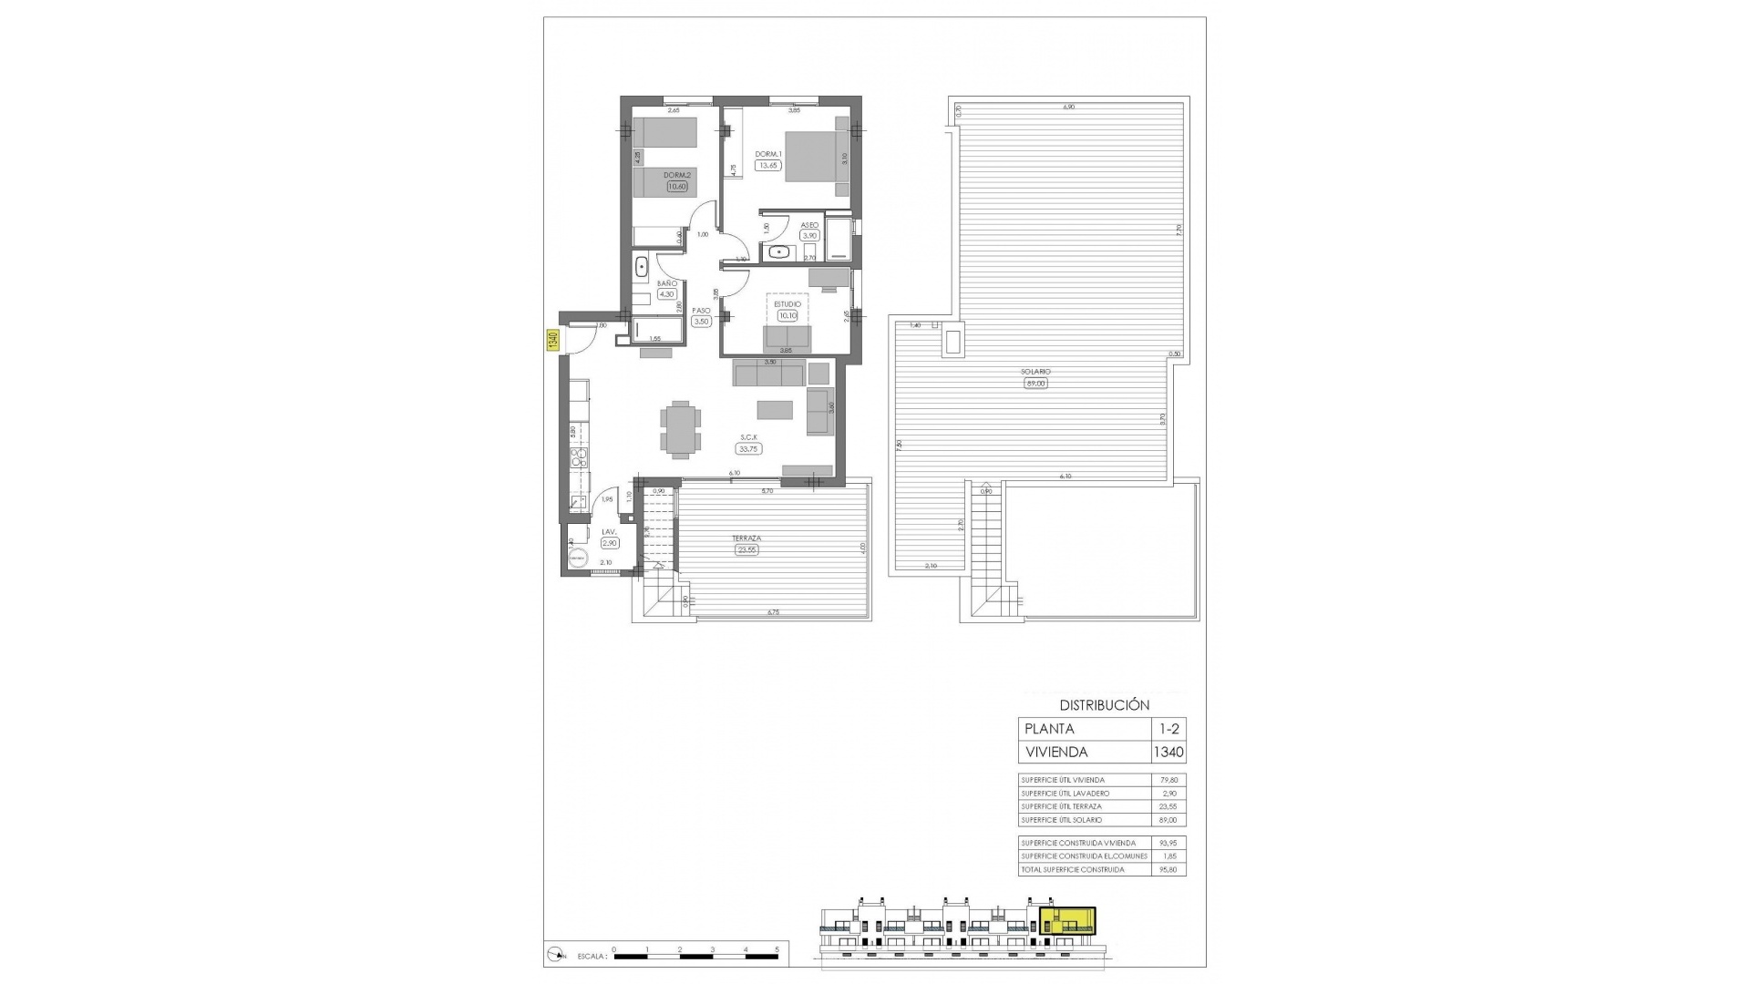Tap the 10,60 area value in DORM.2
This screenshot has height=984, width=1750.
677,187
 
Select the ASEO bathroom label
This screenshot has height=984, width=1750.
809,224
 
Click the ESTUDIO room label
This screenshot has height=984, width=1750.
787,304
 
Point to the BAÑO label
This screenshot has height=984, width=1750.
666,283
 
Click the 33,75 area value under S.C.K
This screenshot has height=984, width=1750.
749,449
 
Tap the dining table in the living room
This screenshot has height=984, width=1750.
681,430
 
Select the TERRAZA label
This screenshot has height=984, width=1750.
746,538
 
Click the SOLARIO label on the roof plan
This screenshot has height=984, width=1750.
1035,372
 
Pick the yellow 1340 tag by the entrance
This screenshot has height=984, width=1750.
552,341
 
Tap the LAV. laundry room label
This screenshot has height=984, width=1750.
609,532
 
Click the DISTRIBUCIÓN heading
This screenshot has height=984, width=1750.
1104,704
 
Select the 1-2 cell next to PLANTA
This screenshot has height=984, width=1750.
1168,729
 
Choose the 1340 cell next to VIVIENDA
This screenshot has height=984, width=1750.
1168,753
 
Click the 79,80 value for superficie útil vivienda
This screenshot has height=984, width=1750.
1168,780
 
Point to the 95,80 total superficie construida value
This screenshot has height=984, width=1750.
1168,869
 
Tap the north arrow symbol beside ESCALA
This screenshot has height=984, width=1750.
555,980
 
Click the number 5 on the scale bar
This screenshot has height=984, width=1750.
777,975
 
